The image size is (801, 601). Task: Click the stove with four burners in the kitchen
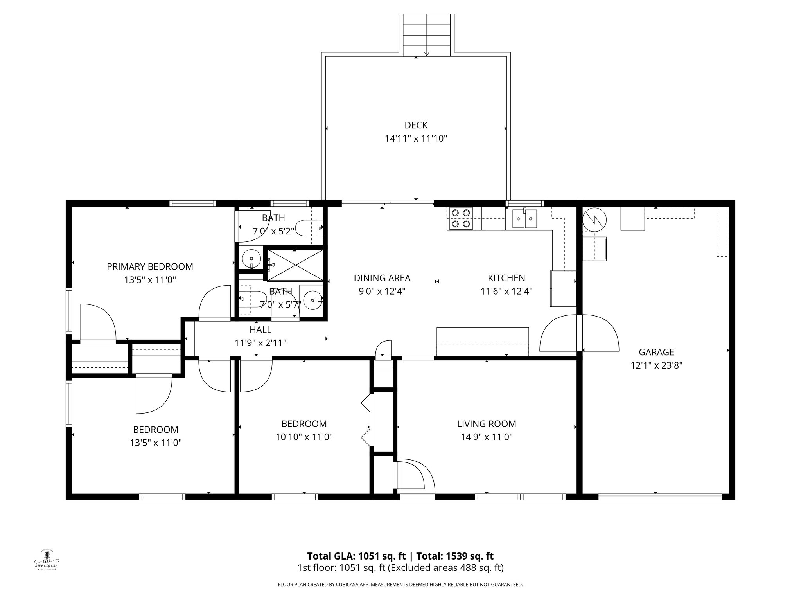(460, 218)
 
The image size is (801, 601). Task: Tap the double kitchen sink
(525, 218)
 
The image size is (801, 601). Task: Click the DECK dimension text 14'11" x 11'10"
(416, 139)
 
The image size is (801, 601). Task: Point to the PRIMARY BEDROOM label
(150, 267)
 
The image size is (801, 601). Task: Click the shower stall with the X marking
(295, 265)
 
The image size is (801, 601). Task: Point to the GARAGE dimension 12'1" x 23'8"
(656, 365)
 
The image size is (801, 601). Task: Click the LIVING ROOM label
(487, 424)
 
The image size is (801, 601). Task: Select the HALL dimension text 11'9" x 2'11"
(260, 343)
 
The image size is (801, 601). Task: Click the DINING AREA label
(382, 278)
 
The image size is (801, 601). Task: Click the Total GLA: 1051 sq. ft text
(356, 556)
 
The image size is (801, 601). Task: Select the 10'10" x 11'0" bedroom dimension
(304, 437)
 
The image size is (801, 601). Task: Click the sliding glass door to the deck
(388, 203)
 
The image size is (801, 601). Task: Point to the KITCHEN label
(506, 278)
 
